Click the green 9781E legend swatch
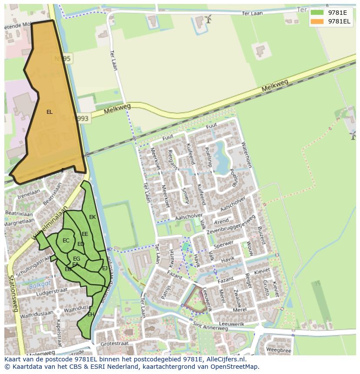317,12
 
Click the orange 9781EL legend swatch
317,21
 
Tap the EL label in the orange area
50,112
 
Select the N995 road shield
63,58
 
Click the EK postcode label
92,217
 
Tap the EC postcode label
66,241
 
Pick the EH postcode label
91,314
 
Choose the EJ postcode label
105,268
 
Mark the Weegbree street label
278,349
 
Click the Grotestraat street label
113,343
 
